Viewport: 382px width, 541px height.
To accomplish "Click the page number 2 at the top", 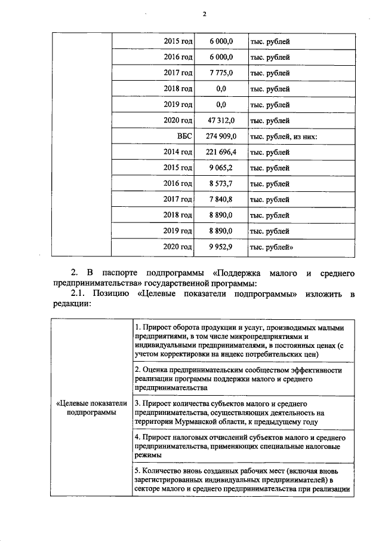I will pos(204,14).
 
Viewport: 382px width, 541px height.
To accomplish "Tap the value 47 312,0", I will pos(221,120).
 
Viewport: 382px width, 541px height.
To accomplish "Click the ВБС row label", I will pos(184,136).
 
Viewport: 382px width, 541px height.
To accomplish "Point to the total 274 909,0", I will pos(221,136).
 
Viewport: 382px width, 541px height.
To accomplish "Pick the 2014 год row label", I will pos(178,152).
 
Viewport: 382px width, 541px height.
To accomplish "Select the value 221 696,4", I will pos(221,152).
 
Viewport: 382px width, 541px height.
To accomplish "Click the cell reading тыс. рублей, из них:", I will pos(283,136).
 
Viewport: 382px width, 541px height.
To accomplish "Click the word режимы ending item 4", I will pos(149,455).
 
